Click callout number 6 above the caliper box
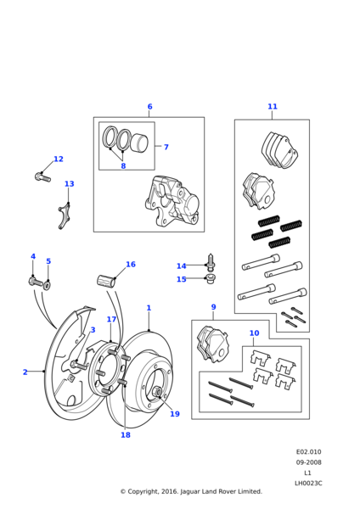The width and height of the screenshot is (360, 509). click(149, 107)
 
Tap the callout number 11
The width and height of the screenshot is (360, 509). click(273, 107)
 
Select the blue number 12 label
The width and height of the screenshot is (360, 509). click(59, 159)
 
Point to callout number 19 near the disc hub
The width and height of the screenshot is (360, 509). click(175, 414)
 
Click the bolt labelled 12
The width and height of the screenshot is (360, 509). click(42, 177)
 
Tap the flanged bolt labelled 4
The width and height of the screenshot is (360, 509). click(36, 282)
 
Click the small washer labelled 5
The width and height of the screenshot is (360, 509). click(48, 285)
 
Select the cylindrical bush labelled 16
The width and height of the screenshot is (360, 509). click(106, 281)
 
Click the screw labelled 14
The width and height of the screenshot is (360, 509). click(211, 263)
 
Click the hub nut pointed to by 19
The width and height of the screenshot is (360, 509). click(156, 392)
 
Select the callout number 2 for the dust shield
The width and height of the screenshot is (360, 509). click(25, 372)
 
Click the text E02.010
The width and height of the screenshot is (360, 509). click(309, 452)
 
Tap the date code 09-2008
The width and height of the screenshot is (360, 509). click(309, 462)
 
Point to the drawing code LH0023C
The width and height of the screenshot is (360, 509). click(308, 484)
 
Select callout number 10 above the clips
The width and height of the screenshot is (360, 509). click(255, 333)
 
